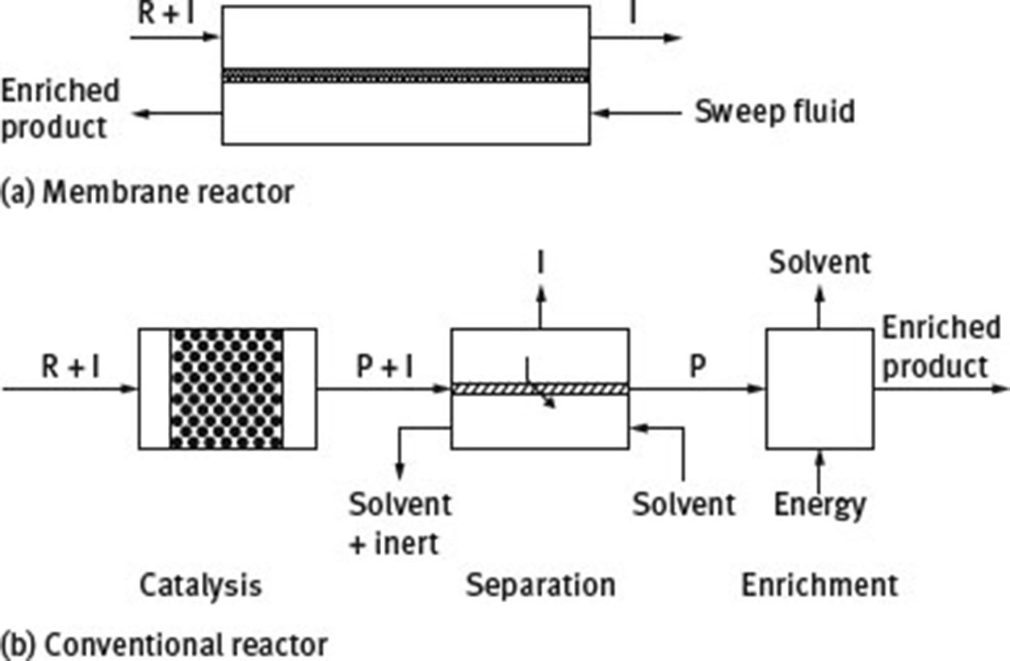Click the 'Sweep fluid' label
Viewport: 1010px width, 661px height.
[x=773, y=111]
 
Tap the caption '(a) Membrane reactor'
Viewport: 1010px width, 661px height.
[x=147, y=193]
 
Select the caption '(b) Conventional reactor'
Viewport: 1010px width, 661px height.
[x=165, y=645]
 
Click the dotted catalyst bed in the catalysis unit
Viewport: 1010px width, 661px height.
[x=227, y=388]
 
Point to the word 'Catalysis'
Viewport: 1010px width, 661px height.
[x=200, y=585]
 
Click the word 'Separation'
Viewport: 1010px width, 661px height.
[x=540, y=585]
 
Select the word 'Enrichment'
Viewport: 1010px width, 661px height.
[x=819, y=585]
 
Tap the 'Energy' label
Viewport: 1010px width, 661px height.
[x=819, y=505]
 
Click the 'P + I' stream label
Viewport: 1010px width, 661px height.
[x=384, y=367]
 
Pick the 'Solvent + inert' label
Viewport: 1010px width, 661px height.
[x=400, y=523]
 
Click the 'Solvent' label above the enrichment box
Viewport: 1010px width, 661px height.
[x=819, y=263]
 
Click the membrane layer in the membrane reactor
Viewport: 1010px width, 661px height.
[x=405, y=76]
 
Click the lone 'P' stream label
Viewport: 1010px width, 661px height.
[x=698, y=367]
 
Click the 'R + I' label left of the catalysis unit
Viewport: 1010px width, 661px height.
[x=71, y=367]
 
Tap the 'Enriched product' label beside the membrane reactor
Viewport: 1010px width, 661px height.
[x=59, y=108]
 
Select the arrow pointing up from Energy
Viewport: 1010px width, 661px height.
[x=819, y=470]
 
